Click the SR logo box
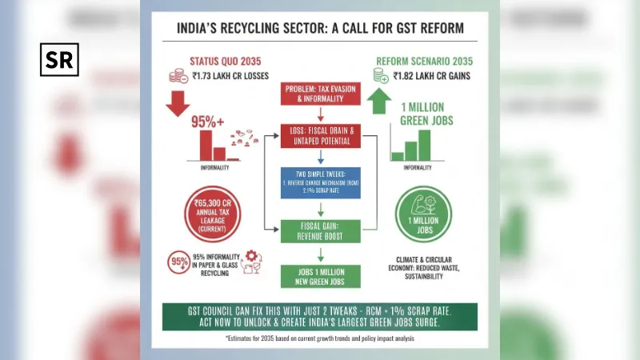[59, 60]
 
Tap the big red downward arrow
[178, 102]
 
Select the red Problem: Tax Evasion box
[320, 94]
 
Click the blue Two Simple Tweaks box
[320, 183]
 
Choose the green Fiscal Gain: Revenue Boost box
[320, 230]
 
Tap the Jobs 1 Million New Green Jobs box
[320, 275]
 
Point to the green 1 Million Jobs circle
[424, 214]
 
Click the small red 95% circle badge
[178, 262]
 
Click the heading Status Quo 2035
[223, 60]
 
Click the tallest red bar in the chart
[206, 146]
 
